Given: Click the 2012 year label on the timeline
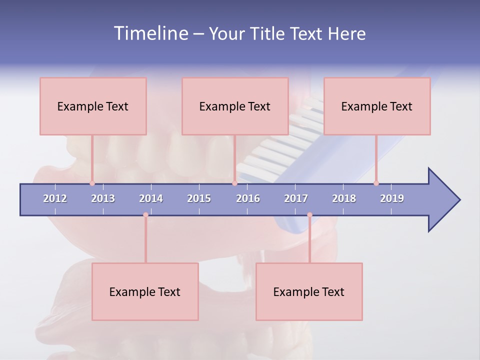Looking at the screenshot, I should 55,198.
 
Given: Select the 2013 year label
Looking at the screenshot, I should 103,198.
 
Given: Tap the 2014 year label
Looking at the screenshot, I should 151,198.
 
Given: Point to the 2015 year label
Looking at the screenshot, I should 199,198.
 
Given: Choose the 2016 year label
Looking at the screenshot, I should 248,198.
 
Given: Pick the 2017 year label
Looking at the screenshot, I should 296,198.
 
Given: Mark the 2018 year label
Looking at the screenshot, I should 344,198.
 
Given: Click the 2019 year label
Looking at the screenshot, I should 392,198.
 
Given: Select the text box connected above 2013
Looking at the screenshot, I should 93,106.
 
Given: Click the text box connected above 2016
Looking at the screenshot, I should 235,106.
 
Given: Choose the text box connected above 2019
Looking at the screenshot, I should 377,106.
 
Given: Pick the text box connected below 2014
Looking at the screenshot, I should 145,291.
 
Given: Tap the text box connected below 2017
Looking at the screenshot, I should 309,291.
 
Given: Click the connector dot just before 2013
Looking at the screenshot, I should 92,183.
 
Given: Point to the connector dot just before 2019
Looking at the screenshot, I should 376,183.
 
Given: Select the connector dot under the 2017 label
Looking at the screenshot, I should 309,215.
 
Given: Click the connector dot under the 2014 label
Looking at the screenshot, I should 145,215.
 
